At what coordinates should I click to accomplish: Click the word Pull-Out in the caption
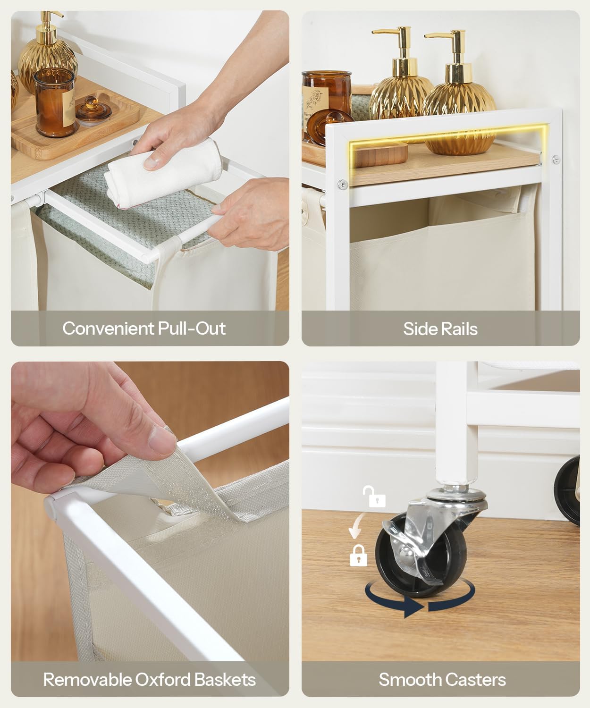point(192,328)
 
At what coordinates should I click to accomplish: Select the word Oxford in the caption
point(163,680)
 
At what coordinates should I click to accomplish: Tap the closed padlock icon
point(358,556)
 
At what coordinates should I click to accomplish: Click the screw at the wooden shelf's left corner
point(343,185)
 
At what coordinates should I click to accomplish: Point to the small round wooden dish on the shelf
point(381,154)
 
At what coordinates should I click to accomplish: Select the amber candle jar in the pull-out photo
point(55,102)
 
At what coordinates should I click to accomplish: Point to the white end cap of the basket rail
point(50,506)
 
